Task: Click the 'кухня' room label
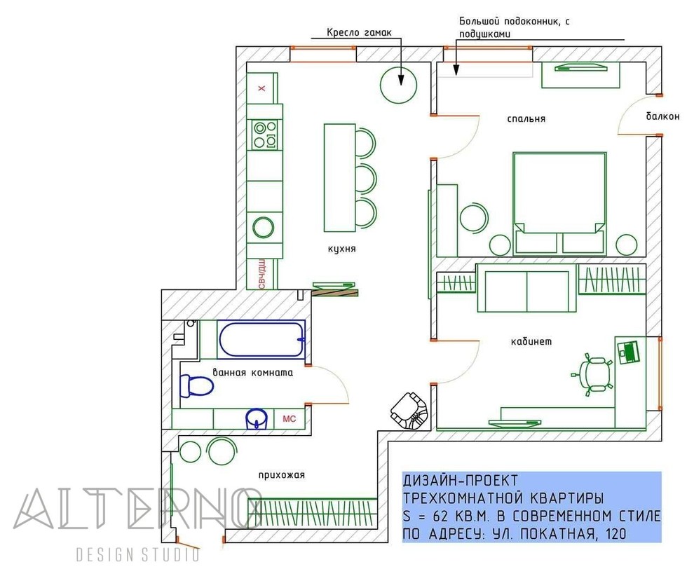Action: (x=341, y=249)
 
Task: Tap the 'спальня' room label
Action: (x=526, y=118)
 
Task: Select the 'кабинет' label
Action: (x=531, y=341)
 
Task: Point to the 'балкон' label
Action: (x=662, y=116)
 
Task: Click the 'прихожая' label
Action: (x=282, y=475)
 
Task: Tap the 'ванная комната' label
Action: (x=253, y=372)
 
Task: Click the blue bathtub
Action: (x=262, y=339)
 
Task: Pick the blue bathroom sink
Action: (x=257, y=418)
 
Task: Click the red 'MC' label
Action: (x=289, y=418)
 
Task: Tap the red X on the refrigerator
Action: (x=262, y=88)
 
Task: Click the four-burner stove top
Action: (x=265, y=134)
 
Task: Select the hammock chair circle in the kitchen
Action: (x=398, y=85)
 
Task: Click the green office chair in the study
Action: (x=593, y=373)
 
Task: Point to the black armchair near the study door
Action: (x=410, y=411)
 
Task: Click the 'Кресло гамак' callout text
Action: (x=360, y=32)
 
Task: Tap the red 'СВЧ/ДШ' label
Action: (x=261, y=274)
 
